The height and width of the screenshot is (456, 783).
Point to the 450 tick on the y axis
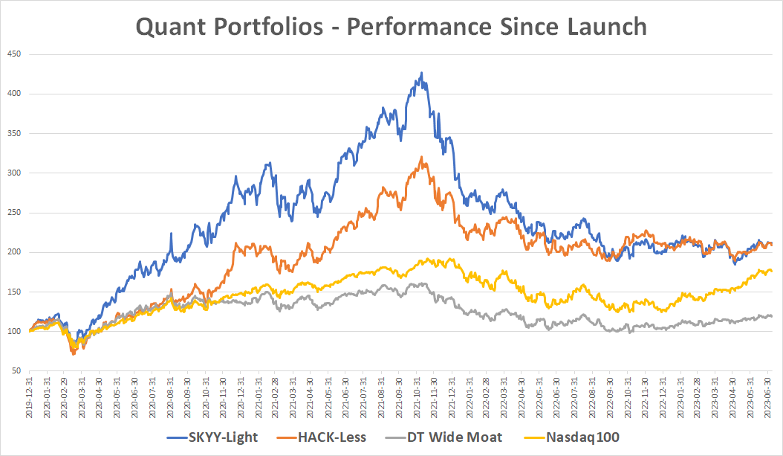(x=13, y=54)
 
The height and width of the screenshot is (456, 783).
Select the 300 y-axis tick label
(x=13, y=173)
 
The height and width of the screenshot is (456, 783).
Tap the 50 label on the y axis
(x=16, y=370)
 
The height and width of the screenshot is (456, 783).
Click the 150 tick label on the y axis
(x=13, y=292)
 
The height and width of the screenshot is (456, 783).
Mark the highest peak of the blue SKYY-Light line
(x=422, y=73)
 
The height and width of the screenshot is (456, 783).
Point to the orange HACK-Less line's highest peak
(x=421, y=157)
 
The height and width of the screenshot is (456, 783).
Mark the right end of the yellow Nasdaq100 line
(x=771, y=271)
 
